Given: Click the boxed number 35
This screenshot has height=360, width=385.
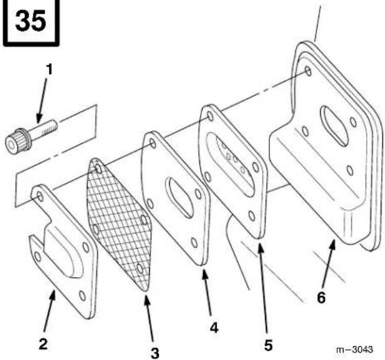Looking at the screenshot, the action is tap(30, 20).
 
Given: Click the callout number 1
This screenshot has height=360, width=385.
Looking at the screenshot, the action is tap(50, 69).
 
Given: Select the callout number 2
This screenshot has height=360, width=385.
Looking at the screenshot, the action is tap(43, 344).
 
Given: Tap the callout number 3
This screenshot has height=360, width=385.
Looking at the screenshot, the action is tap(155, 353).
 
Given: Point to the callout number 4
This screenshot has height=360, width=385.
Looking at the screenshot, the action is tap(214, 327).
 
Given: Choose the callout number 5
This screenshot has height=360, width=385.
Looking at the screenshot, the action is tap(268, 346).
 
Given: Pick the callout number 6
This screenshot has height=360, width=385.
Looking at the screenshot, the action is tap(321, 298).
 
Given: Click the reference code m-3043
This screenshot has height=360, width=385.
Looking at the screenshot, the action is tap(354, 349).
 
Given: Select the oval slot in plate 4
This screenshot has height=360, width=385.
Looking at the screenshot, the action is tap(179, 198).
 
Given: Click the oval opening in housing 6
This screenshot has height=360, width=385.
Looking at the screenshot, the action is tap(334, 126).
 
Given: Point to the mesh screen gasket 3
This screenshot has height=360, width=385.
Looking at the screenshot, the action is tap(119, 224).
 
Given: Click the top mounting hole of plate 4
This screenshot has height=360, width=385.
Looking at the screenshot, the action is tap(153, 143).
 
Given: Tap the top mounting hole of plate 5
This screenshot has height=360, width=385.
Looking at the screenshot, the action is tap(210, 116).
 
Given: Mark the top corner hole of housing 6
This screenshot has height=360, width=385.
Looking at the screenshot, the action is tap(308, 71).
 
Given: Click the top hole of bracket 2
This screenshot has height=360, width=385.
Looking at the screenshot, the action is tap(40, 195).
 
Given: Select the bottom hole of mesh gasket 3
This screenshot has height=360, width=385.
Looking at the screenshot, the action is tap(140, 268).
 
